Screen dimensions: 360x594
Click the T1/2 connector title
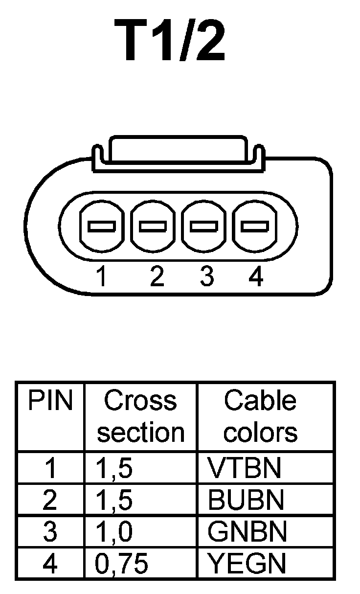[170, 41]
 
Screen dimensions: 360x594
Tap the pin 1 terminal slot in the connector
[102, 227]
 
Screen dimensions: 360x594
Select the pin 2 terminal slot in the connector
[153, 227]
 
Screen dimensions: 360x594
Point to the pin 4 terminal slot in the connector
[255, 227]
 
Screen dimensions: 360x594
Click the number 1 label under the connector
[102, 277]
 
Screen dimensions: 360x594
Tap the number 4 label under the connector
[256, 277]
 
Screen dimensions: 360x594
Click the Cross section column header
[140, 416]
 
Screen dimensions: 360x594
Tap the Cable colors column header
[260, 416]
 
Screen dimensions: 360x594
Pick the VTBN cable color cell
[245, 468]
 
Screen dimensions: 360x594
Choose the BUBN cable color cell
[246, 500]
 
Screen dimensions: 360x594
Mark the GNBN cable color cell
[247, 532]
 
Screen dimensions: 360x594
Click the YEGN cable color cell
[247, 564]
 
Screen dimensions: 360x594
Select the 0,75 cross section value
[121, 564]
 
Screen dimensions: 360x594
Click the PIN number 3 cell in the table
[50, 532]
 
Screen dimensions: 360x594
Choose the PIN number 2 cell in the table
[50, 500]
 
